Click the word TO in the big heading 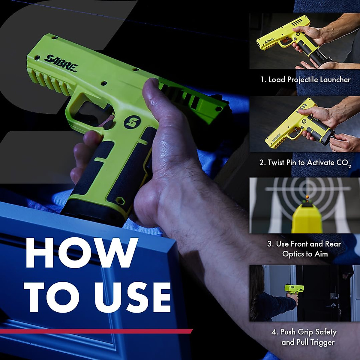coord(52,297)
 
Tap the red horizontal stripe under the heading coord(96,331)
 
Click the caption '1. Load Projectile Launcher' coord(305,79)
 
